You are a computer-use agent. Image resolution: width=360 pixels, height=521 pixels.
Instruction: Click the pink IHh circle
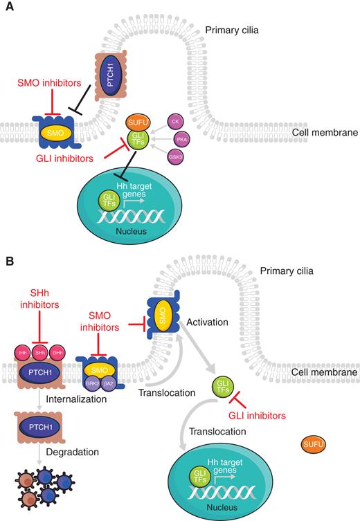point(21,353)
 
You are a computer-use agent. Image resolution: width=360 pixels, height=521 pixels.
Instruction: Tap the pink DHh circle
point(58,353)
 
